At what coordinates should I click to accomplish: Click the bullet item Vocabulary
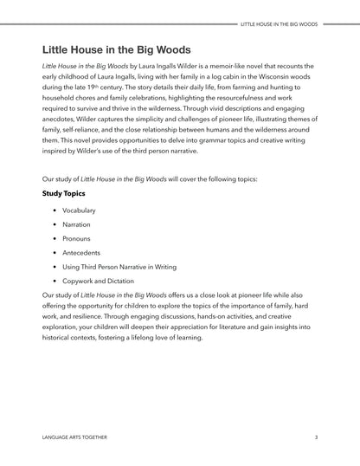(x=79, y=210)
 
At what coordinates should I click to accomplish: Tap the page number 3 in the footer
(x=316, y=438)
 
